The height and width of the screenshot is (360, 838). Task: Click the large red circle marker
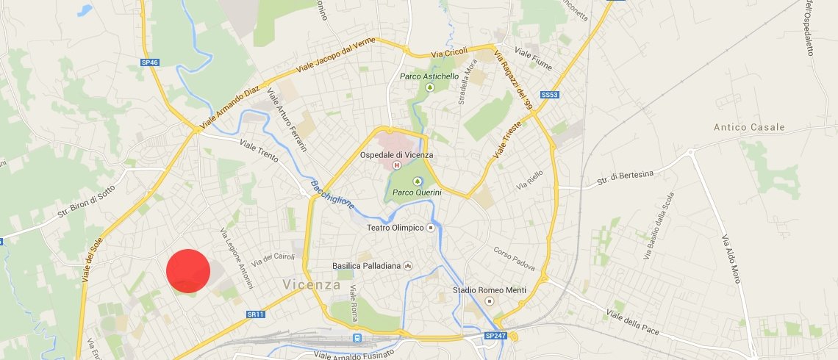(x=188, y=271)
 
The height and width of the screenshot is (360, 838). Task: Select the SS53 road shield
(x=549, y=96)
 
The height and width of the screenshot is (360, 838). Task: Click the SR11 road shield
(x=255, y=314)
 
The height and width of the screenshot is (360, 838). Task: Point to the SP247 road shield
(x=496, y=336)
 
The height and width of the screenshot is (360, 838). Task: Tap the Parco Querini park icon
(x=418, y=180)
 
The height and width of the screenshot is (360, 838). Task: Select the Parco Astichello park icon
(x=430, y=87)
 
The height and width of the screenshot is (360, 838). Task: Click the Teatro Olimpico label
(x=395, y=228)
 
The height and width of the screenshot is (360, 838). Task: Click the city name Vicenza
(x=312, y=284)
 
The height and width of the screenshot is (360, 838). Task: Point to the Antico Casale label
(x=749, y=127)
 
